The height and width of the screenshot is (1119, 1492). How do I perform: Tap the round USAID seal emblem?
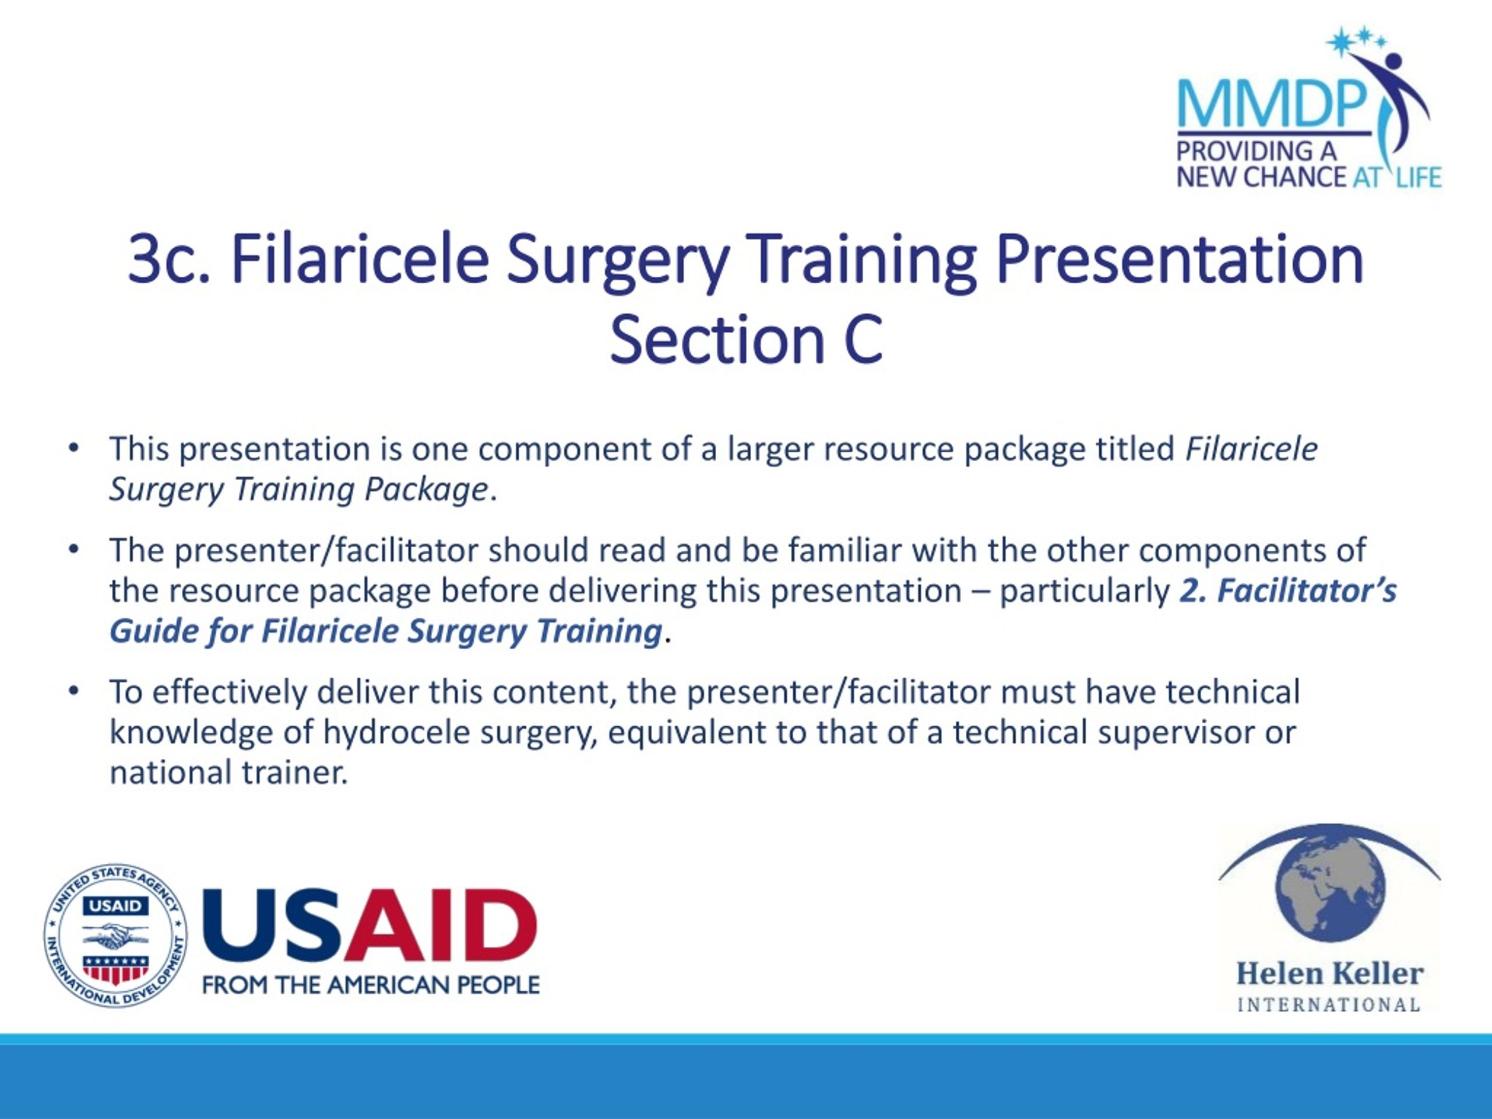[115, 935]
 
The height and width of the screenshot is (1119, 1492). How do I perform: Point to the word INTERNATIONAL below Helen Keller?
[1329, 1005]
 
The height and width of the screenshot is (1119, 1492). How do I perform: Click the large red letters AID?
[441, 924]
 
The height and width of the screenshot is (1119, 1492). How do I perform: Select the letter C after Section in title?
[863, 339]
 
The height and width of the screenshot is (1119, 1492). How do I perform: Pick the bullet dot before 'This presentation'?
[74, 448]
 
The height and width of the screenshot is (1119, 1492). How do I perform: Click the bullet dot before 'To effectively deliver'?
[74, 691]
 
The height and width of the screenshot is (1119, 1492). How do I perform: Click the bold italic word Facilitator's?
[1307, 591]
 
